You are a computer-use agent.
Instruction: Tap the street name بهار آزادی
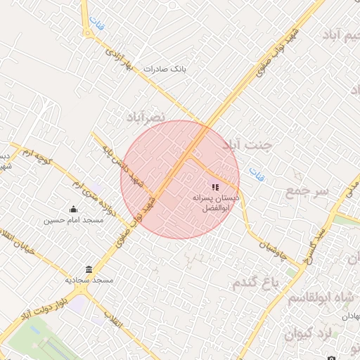[119, 58]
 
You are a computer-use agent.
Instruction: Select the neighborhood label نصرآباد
[146, 116]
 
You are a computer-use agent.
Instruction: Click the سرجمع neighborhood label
[307, 191]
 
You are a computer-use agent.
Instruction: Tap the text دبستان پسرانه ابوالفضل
[215, 204]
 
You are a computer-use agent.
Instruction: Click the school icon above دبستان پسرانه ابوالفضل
[215, 187]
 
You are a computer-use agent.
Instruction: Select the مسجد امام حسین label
[73, 220]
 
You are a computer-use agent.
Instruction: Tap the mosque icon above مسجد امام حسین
[73, 209]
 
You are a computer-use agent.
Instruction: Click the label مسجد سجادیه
[89, 280]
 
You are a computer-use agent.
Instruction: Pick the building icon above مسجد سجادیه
[89, 269]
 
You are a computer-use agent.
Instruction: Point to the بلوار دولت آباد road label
[45, 305]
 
